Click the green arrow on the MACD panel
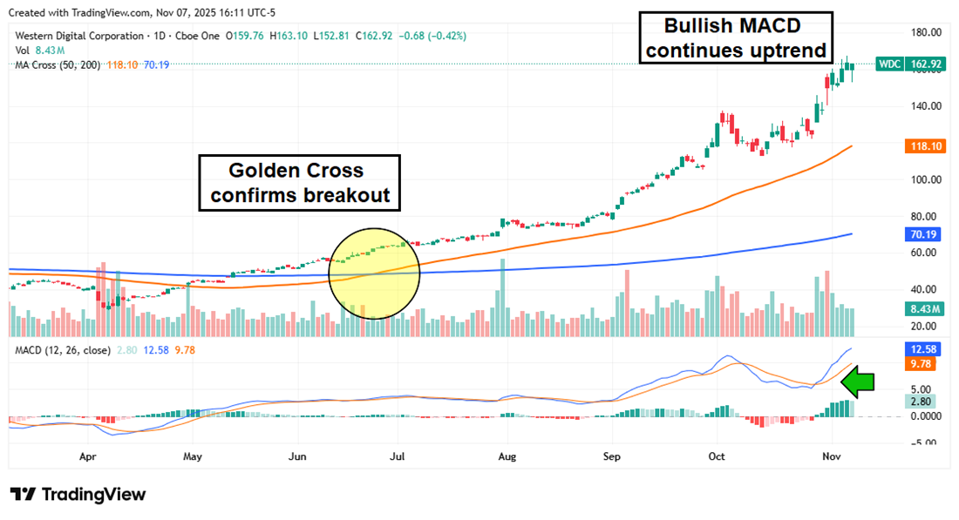pyautogui.click(x=861, y=382)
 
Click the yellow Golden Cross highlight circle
pyautogui.click(x=374, y=273)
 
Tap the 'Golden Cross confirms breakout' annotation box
pyautogui.click(x=300, y=183)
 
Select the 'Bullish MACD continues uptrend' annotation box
pyautogui.click(x=737, y=38)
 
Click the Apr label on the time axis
pyautogui.click(x=87, y=456)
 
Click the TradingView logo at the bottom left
pyautogui.click(x=78, y=495)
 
